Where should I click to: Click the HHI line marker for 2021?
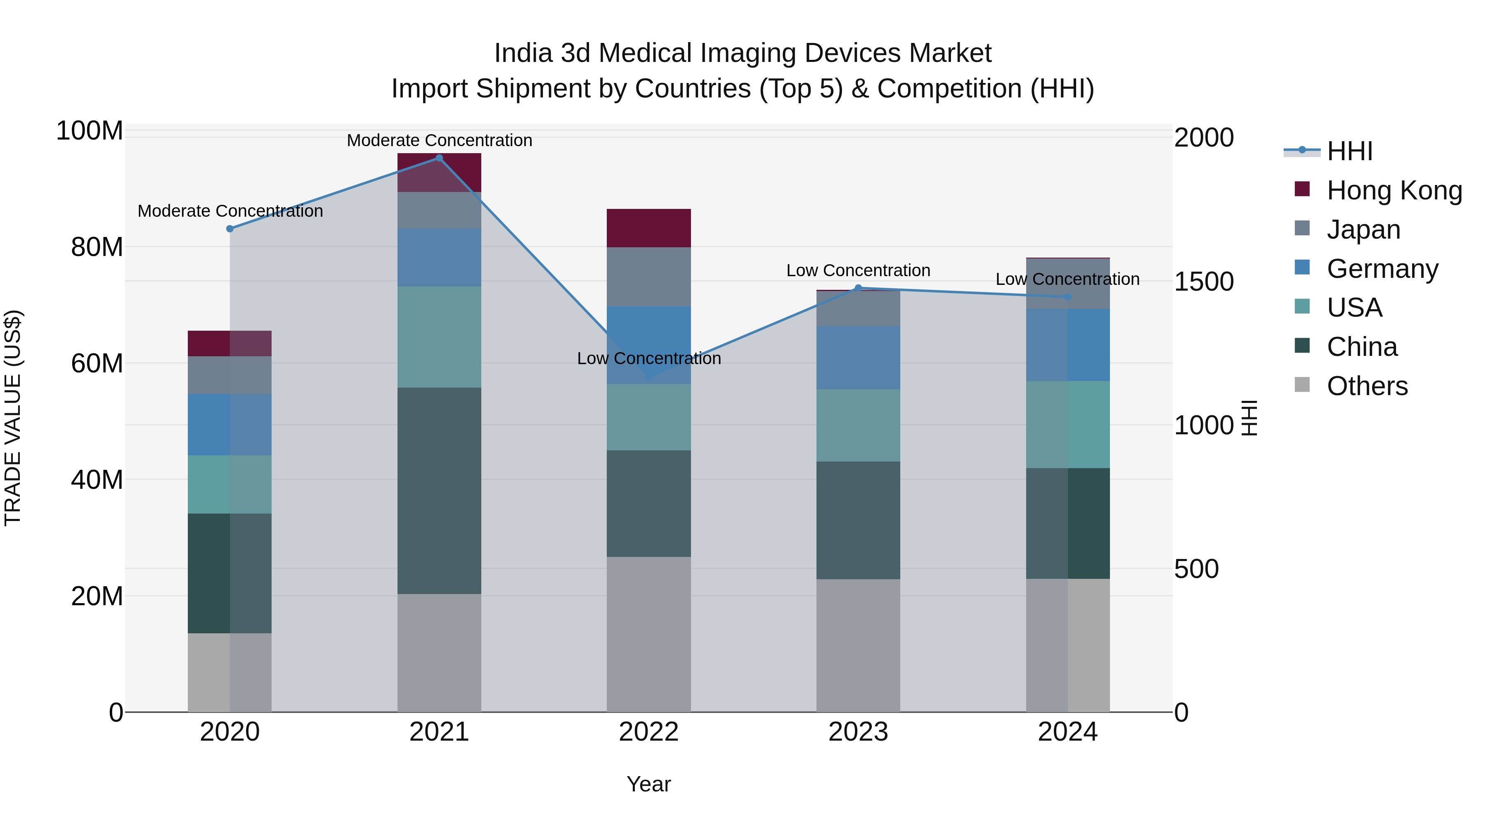tap(439, 158)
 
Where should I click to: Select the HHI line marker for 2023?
tap(858, 288)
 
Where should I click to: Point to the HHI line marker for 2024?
tap(1068, 297)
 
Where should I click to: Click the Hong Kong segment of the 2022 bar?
tap(648, 228)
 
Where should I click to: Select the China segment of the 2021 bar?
tap(439, 490)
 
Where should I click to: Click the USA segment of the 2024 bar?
tap(1068, 425)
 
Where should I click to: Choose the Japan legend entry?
tap(1363, 230)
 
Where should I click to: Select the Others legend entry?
tap(1367, 386)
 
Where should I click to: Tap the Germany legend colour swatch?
tap(1302, 268)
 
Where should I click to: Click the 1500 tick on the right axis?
tap(1203, 282)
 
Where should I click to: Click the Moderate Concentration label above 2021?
tap(439, 140)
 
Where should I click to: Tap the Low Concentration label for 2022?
tap(648, 358)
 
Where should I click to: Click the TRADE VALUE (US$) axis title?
tap(13, 418)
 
